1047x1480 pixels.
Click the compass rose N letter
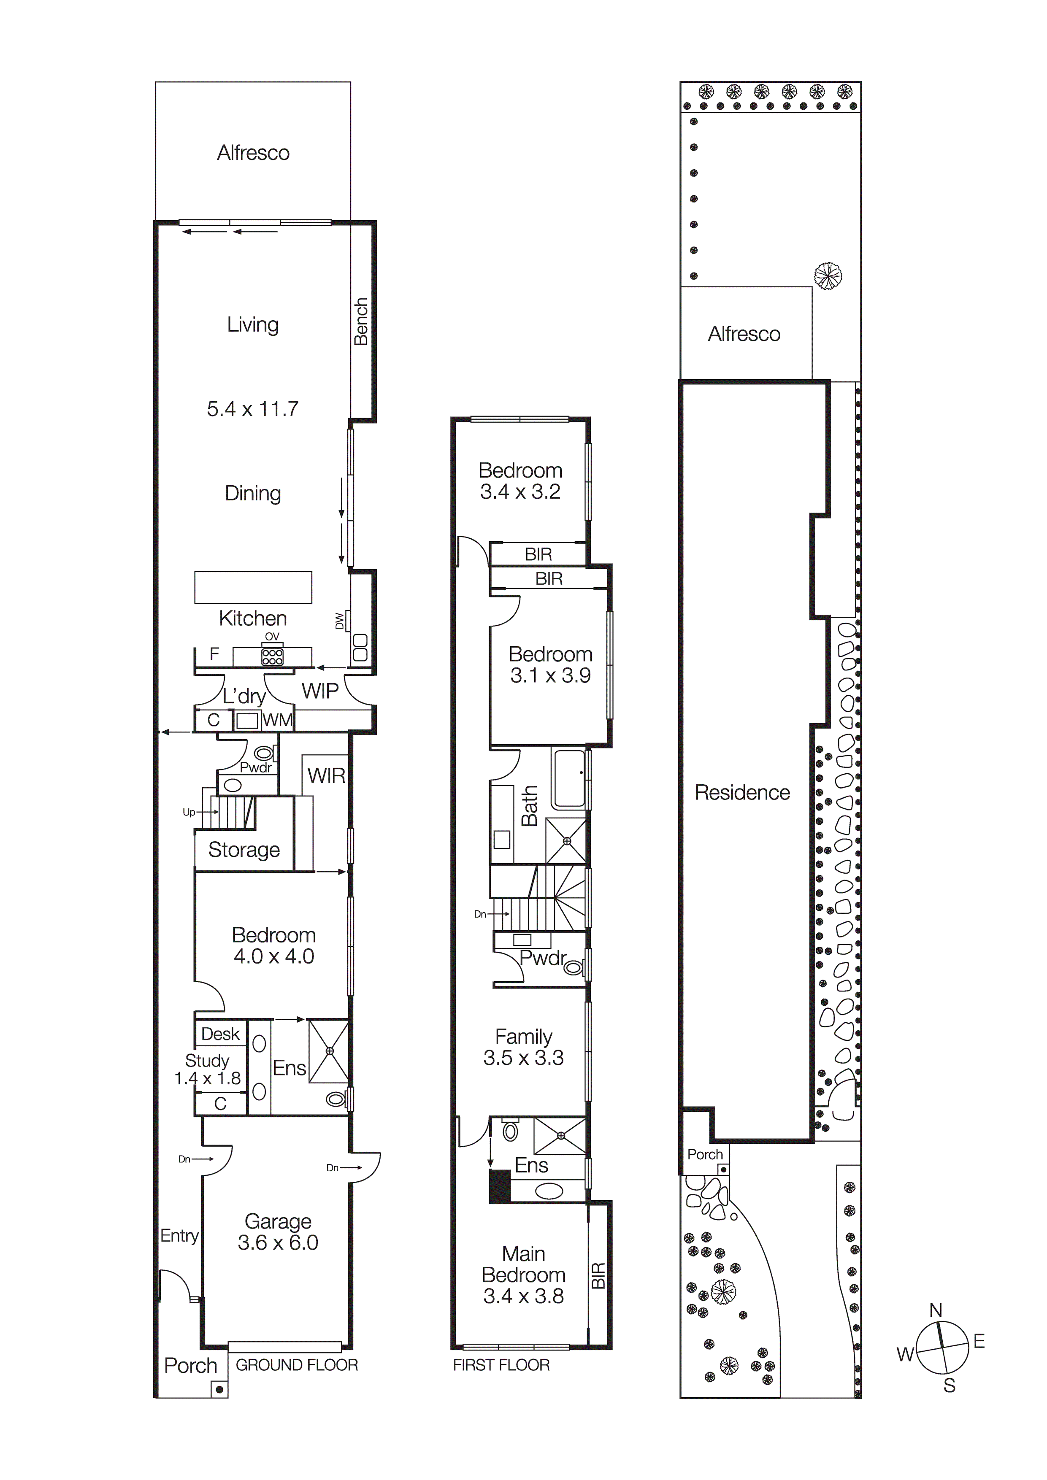pos(936,1310)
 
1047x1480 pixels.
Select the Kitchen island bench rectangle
pos(253,587)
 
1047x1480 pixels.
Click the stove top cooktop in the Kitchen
pos(272,656)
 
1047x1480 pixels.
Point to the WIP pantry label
pos(320,691)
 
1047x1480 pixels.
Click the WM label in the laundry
pos(278,720)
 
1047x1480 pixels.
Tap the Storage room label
pos(243,850)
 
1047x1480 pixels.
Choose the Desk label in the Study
pos(220,1034)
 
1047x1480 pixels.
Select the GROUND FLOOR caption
pos(297,1365)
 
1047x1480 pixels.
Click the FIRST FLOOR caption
pos(501,1365)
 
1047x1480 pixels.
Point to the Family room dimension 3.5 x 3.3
pos(523,1057)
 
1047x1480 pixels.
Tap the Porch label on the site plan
pos(705,1154)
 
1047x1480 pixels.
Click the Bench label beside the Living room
pos(361,321)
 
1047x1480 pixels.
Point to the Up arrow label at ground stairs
pos(189,812)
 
